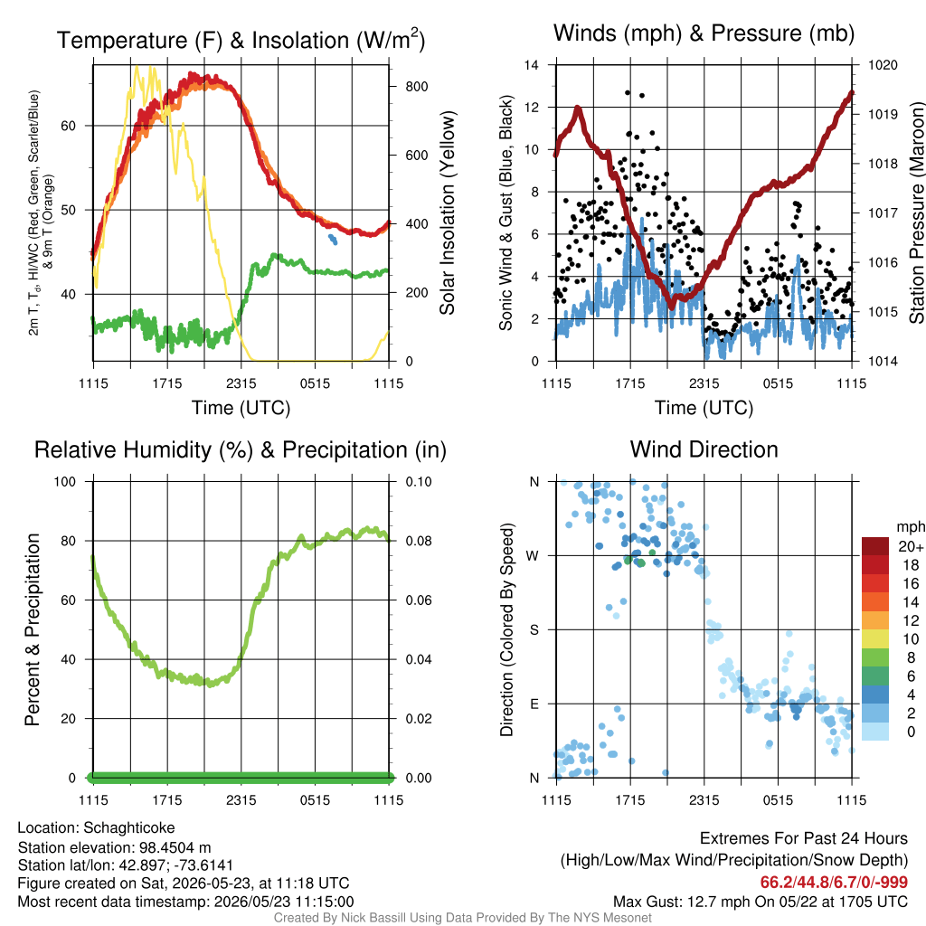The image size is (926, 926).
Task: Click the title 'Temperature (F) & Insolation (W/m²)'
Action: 241,40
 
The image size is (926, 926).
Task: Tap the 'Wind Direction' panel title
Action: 704,449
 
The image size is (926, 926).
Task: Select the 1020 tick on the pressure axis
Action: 883,65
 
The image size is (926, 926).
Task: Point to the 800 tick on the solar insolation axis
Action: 416,86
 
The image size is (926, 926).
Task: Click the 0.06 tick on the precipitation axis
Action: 419,600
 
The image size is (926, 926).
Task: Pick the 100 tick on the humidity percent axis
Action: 65,481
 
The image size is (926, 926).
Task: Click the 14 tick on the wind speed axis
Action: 532,65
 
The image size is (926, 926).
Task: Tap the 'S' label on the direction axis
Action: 534,629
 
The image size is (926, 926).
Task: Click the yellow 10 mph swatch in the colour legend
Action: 875,638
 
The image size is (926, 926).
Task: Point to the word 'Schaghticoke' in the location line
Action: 128,828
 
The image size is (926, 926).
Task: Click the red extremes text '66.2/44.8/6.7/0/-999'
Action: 834,882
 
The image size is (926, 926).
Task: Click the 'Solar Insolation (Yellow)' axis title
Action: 448,213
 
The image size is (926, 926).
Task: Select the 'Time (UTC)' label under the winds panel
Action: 704,408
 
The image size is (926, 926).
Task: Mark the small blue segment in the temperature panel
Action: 333,239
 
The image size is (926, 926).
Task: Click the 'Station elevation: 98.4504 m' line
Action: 114,847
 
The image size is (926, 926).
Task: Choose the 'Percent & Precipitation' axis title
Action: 33,629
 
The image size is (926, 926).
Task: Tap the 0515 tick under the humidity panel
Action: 315,800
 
